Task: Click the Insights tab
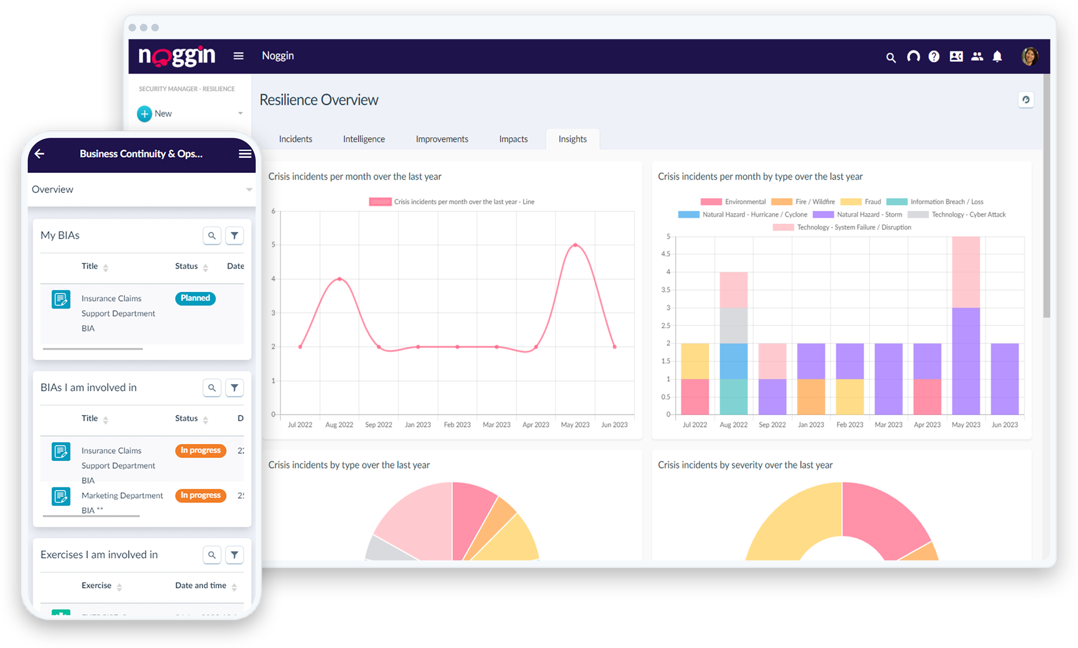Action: point(572,139)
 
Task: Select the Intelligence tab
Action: point(364,139)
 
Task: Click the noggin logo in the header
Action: point(176,56)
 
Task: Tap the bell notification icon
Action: point(997,57)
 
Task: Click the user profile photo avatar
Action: point(1029,56)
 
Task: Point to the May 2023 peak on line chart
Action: point(575,245)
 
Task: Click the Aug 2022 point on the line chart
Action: point(339,279)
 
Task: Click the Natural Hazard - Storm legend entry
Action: point(858,215)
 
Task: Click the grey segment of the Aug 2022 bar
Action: point(733,325)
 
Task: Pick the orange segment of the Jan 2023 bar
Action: point(811,396)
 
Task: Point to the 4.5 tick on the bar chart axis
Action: point(666,254)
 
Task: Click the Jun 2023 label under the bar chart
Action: point(1004,424)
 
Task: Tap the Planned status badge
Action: point(195,298)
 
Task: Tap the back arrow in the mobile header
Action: point(39,154)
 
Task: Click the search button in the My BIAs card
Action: point(212,236)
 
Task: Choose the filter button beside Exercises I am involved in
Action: point(234,555)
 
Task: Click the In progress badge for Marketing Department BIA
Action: point(200,495)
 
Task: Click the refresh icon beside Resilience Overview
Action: point(1026,100)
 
